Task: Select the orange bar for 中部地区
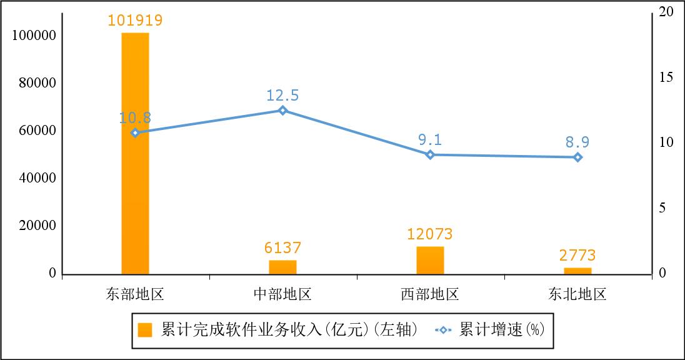coord(282,267)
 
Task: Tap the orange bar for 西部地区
coord(430,260)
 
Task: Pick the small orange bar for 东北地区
coord(577,271)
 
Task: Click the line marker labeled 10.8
coord(135,132)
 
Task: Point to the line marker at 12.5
coord(282,111)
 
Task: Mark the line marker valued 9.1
coord(430,154)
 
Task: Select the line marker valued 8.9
coord(577,157)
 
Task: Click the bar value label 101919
coord(135,21)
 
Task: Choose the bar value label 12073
coord(430,235)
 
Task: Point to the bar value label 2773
coord(577,256)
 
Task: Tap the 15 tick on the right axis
coord(666,77)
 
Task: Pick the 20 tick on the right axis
coord(666,12)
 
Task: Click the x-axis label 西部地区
coord(430,294)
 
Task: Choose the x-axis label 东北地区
coord(577,294)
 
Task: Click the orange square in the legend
coord(145,330)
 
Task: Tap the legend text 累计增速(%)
coord(502,329)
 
